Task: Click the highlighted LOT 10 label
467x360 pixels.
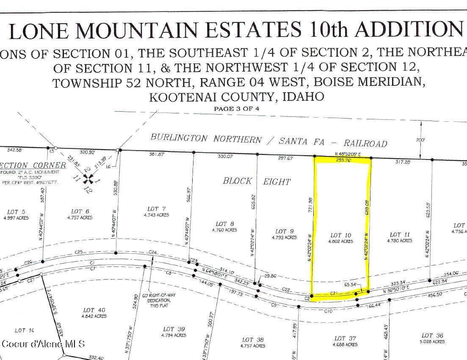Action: click(x=341, y=235)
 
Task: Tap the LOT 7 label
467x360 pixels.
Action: click(x=156, y=209)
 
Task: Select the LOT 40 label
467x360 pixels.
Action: click(x=94, y=311)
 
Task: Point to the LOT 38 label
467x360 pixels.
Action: click(x=253, y=340)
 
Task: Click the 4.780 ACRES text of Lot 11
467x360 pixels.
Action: click(x=399, y=241)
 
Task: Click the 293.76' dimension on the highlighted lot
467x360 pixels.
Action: click(x=344, y=160)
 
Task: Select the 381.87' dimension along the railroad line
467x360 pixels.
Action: click(x=156, y=154)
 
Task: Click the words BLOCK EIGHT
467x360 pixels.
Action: click(x=257, y=181)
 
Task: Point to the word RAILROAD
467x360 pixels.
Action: click(x=366, y=143)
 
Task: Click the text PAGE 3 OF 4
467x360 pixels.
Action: click(x=236, y=109)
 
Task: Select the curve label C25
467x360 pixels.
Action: click(x=79, y=252)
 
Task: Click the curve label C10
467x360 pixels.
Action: click(x=328, y=311)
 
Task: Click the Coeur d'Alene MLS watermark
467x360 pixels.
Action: click(x=43, y=344)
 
